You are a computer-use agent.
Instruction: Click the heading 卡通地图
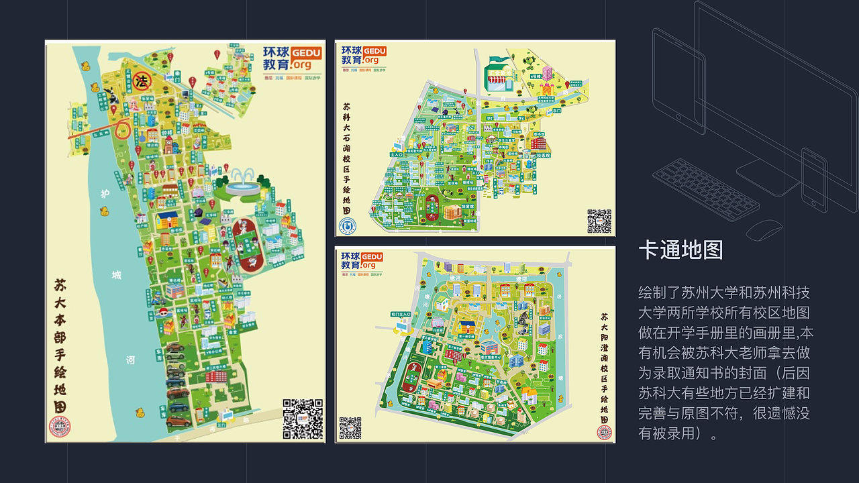pos(680,250)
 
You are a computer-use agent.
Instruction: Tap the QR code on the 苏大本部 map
pos(302,419)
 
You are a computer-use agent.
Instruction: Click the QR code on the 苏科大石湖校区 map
pos(599,221)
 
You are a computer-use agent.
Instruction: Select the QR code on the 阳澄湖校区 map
pos(350,428)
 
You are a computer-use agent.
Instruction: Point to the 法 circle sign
pos(142,82)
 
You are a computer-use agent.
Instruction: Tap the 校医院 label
pos(543,155)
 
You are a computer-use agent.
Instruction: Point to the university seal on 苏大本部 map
pos(59,427)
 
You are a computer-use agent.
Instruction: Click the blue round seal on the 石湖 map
pos(348,225)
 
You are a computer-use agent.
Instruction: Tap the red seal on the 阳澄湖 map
pos(604,432)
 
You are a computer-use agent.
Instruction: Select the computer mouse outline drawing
pos(764,229)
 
